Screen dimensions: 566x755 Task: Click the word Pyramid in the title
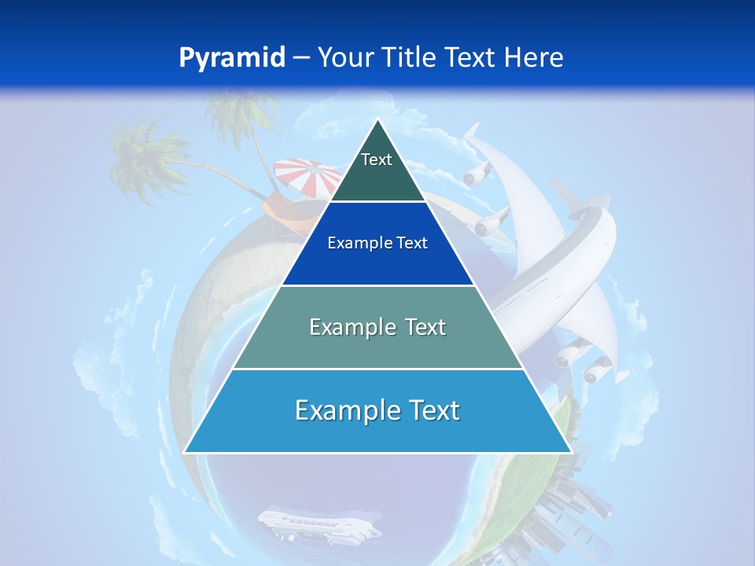pyautogui.click(x=231, y=58)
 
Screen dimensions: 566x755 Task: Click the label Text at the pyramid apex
pyautogui.click(x=377, y=160)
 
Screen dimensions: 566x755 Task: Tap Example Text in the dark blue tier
pyautogui.click(x=377, y=243)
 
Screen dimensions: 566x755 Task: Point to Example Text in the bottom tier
pyautogui.click(x=377, y=410)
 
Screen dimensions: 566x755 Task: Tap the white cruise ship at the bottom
pyautogui.click(x=319, y=524)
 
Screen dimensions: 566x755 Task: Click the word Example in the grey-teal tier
pyautogui.click(x=342, y=327)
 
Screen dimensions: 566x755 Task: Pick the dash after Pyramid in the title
pyautogui.click(x=301, y=58)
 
